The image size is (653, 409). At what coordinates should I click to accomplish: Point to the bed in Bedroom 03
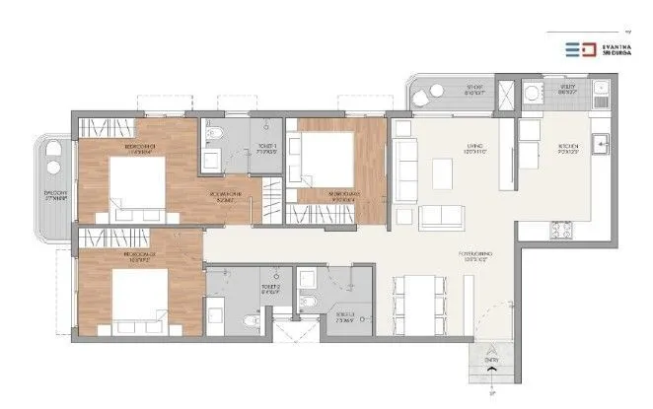tap(326, 158)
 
